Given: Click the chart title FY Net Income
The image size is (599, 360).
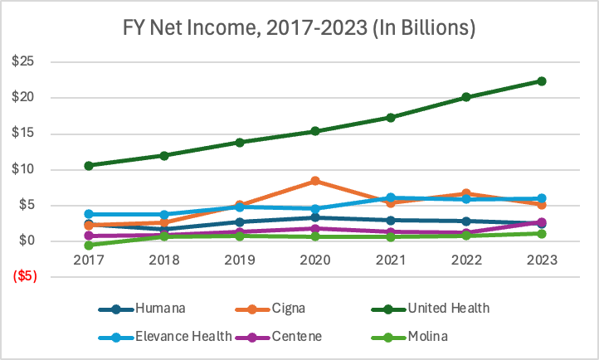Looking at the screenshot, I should (299, 27).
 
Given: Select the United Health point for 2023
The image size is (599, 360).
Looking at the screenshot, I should (542, 80).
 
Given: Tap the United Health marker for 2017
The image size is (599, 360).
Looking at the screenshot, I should (89, 165).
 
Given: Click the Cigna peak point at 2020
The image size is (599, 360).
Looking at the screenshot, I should (315, 181).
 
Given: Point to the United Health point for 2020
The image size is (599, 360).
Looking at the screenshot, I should (315, 131).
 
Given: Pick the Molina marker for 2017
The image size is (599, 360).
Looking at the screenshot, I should (89, 245).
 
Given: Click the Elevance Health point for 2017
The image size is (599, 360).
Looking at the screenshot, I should (89, 214).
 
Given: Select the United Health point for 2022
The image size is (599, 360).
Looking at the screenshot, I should (466, 97).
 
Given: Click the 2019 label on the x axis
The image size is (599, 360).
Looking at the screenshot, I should (240, 260).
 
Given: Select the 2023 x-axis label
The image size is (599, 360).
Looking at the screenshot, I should (542, 260).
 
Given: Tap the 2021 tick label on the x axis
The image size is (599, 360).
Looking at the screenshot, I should (391, 260).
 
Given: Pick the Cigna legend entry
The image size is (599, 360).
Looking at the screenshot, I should (307, 309).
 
